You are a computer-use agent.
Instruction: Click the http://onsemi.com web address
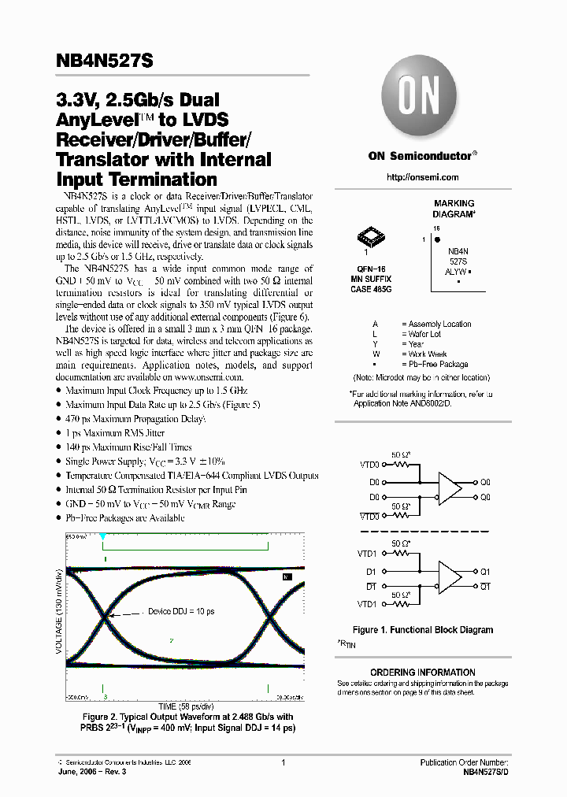(423, 177)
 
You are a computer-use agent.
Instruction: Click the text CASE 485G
(371, 289)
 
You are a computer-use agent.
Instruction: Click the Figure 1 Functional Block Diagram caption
(423, 630)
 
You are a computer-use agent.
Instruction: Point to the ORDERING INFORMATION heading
(423, 673)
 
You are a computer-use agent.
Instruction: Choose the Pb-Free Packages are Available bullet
(124, 517)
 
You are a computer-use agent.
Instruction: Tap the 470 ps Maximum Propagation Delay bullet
(135, 419)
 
